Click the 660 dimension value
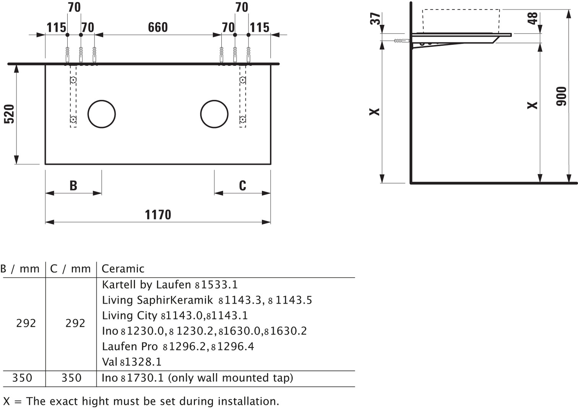pyautogui.click(x=157, y=27)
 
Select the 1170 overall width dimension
pyautogui.click(x=158, y=215)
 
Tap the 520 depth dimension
pyautogui.click(x=9, y=114)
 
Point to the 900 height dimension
pyautogui.click(x=562, y=96)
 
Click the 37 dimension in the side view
pyautogui.click(x=375, y=19)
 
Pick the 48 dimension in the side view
pyautogui.click(x=533, y=18)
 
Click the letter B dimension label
pyautogui.click(x=73, y=185)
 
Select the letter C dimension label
pyautogui.click(x=242, y=185)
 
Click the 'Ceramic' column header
pyautogui.click(x=123, y=269)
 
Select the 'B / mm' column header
pyautogui.click(x=20, y=269)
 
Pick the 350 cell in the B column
pyautogui.click(x=22, y=378)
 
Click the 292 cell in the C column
pyautogui.click(x=75, y=323)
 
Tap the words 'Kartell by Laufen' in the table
pyautogui.click(x=146, y=285)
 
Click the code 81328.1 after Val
pyautogui.click(x=141, y=362)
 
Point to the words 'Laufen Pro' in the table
pyautogui.click(x=130, y=346)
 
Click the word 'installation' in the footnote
pyautogui.click(x=247, y=402)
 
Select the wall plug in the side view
pyautogui.click(x=402, y=41)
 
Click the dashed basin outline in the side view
pyautogui.click(x=461, y=10)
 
